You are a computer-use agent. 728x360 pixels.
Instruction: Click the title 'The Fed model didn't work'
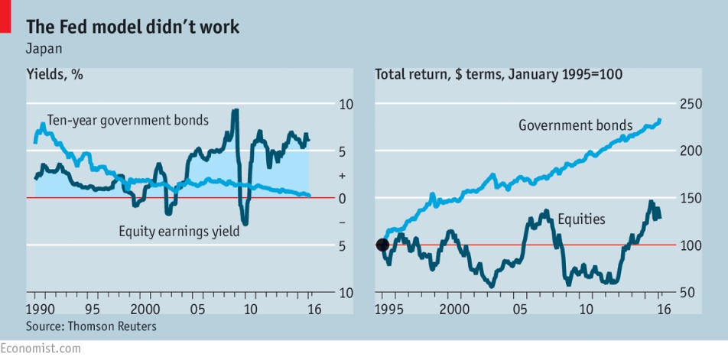pyautogui.click(x=133, y=27)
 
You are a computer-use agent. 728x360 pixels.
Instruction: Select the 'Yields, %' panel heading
pyautogui.click(x=55, y=74)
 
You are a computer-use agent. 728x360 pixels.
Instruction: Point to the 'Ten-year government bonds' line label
pyautogui.click(x=128, y=121)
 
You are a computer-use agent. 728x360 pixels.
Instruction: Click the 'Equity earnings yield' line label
pyautogui.click(x=179, y=231)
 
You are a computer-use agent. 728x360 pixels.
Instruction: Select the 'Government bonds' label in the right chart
pyautogui.click(x=576, y=125)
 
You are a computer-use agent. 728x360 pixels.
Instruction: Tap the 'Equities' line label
pyautogui.click(x=581, y=219)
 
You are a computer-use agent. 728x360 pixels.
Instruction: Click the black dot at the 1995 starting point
pyautogui.click(x=382, y=245)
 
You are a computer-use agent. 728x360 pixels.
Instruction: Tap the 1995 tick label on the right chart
pyautogui.click(x=382, y=309)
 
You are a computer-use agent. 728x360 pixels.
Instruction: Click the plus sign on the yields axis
pyautogui.click(x=343, y=176)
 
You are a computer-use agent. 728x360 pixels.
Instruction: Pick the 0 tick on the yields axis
pyautogui.click(x=343, y=199)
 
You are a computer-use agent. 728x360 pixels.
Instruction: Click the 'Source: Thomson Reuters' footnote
pyautogui.click(x=91, y=326)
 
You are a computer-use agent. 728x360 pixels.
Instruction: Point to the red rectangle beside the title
pyautogui.click(x=5, y=16)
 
